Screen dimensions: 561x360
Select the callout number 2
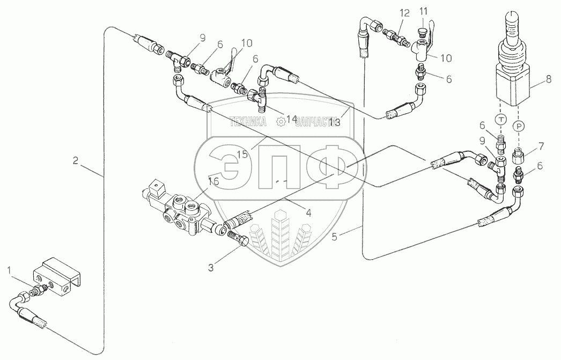(76, 159)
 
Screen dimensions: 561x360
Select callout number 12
(404, 12)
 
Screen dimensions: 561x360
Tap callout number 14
(291, 119)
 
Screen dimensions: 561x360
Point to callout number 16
(213, 181)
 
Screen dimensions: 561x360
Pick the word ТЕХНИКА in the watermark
(248, 122)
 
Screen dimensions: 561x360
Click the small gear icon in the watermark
(280, 122)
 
